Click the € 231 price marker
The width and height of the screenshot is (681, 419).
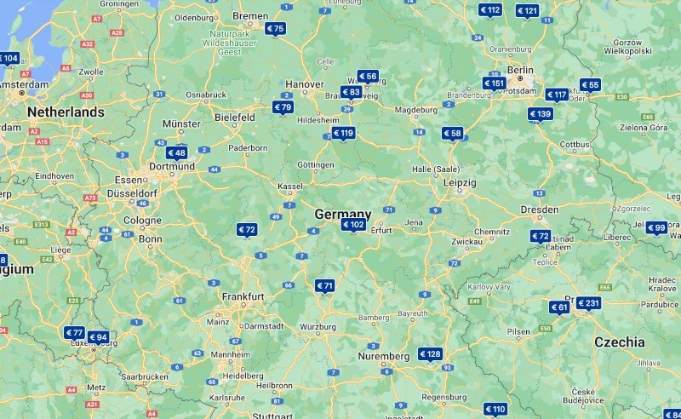coord(588,303)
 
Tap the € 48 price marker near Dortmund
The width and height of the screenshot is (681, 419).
coord(176,153)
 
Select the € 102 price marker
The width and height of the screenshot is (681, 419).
coord(353,225)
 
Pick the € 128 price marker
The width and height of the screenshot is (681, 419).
coord(430,354)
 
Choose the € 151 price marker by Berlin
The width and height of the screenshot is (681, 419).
coord(495,83)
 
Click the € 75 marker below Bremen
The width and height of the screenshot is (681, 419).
coord(275,29)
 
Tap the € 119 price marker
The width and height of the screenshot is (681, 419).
coord(343,133)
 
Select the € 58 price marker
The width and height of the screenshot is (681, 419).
coord(452,133)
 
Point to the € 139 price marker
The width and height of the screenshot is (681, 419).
coord(541,114)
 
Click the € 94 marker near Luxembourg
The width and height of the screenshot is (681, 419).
coord(98,337)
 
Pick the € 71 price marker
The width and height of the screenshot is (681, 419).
coord(325,286)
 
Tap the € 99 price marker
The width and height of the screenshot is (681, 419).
coord(656,227)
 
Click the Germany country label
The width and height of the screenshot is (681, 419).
coord(343,214)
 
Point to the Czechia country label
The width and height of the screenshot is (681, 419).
coord(619,342)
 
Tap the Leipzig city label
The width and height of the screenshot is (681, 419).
coord(459,182)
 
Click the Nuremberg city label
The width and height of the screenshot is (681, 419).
coord(383,356)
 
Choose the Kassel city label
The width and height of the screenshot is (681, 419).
coord(290,186)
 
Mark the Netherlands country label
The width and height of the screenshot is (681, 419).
coord(66,112)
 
